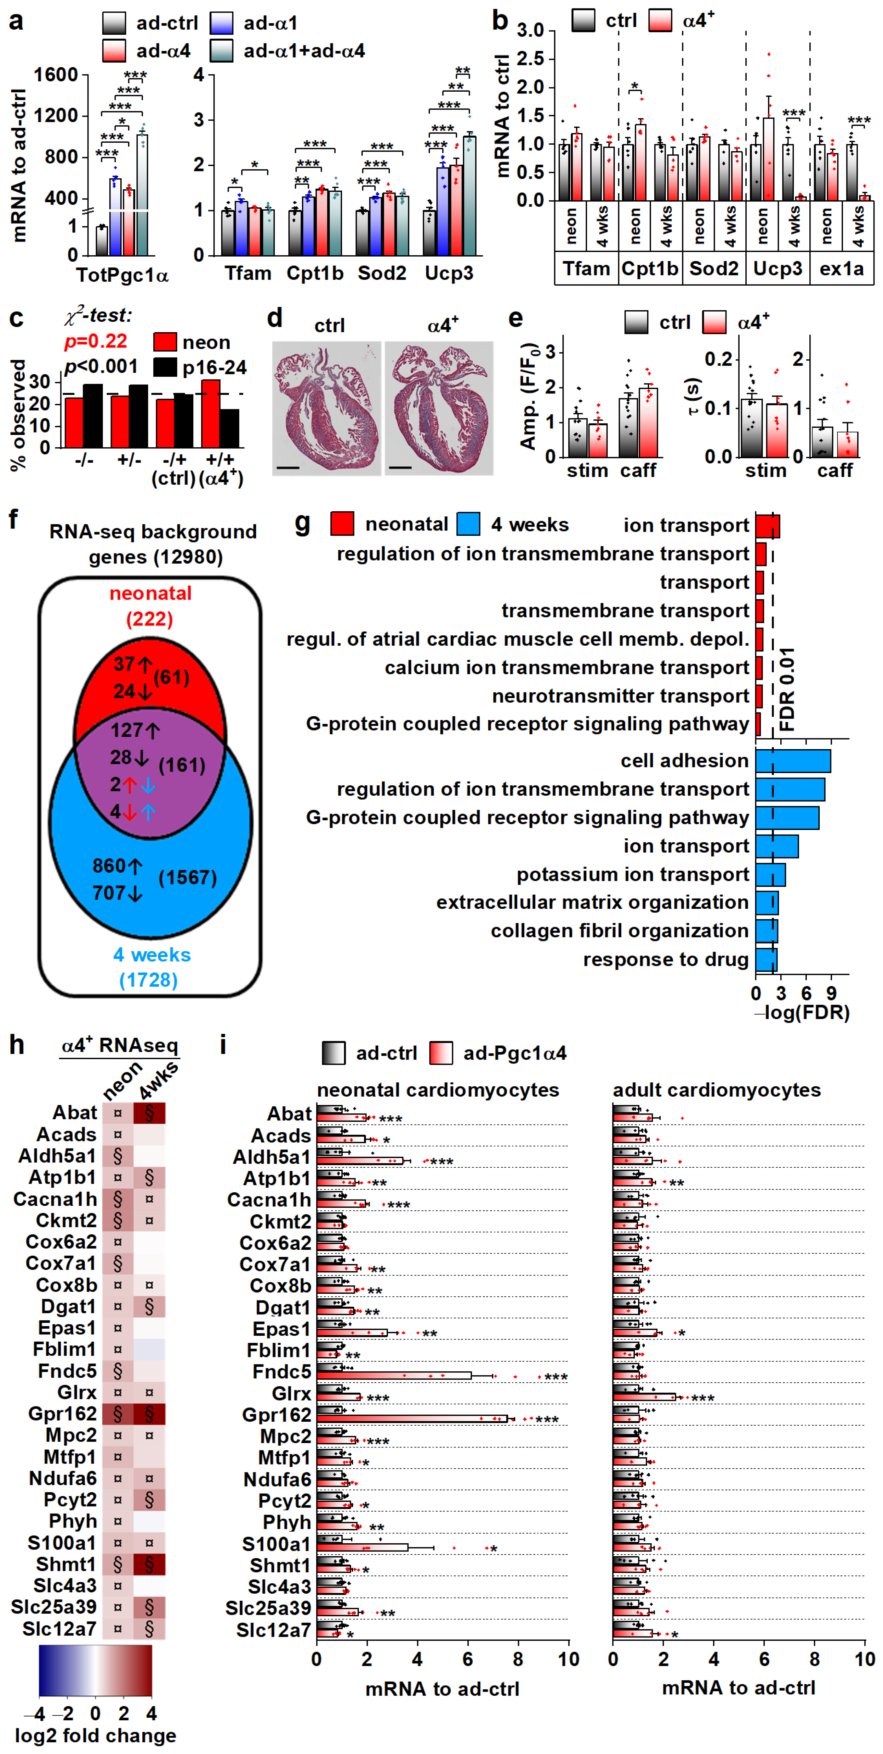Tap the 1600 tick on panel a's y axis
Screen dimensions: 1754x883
coord(56,75)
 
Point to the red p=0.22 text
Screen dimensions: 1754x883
coord(96,341)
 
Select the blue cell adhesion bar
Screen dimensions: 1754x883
coord(792,760)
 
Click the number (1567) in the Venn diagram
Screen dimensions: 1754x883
coord(187,878)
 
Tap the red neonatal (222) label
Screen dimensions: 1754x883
coord(151,606)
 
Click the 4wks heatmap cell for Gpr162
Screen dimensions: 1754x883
coord(149,1414)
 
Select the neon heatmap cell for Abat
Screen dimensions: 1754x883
coord(118,1113)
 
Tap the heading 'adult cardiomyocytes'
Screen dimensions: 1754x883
coord(716,1090)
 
